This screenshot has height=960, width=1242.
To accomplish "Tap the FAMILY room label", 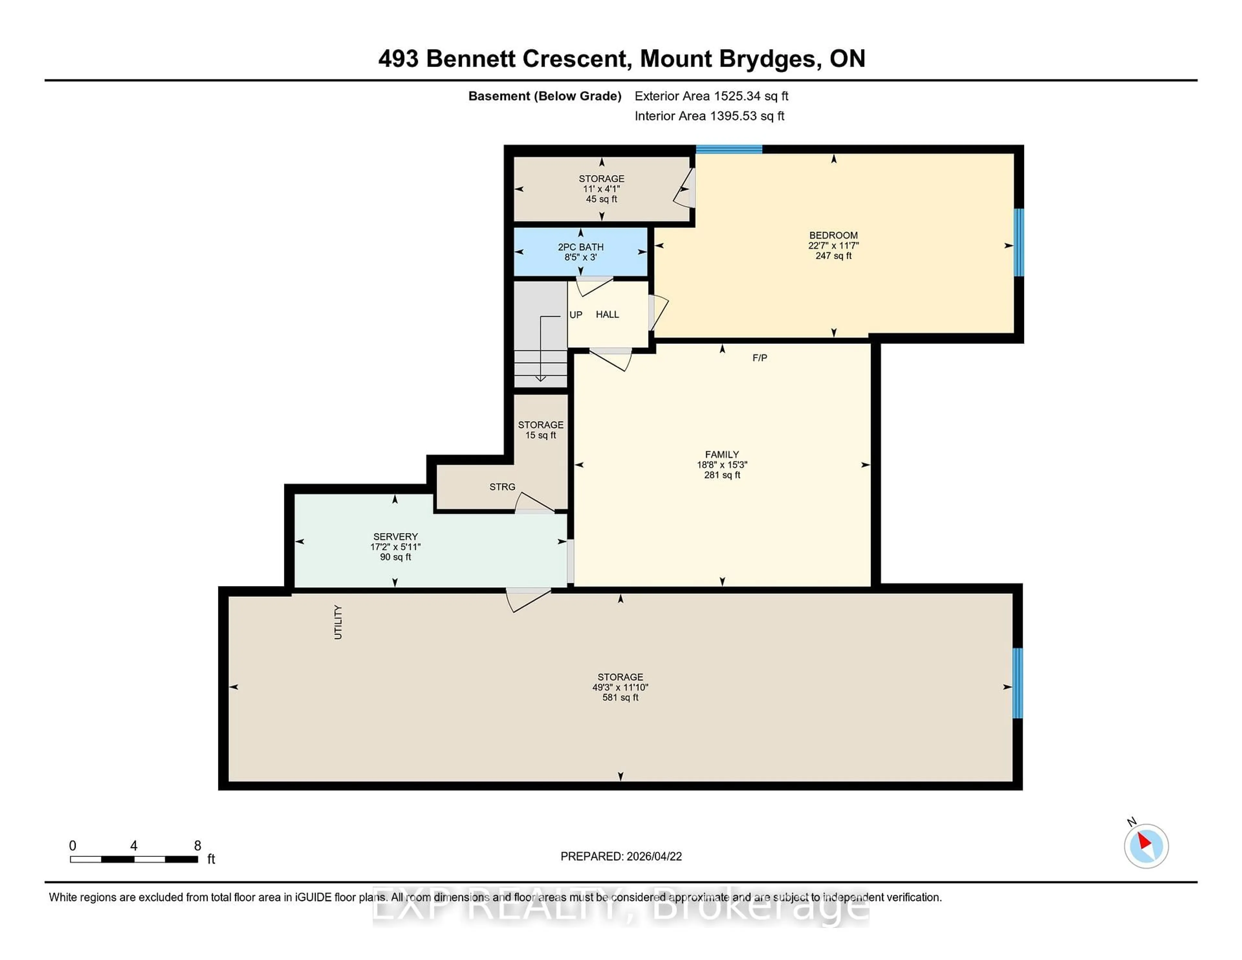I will click(722, 454).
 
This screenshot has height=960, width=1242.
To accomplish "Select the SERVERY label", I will click(395, 536).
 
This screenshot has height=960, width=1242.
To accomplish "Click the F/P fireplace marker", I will click(759, 358).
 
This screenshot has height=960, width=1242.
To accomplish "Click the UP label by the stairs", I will click(575, 314).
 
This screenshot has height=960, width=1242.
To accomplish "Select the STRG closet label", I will click(502, 487).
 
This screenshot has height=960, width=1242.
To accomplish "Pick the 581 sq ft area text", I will click(620, 697).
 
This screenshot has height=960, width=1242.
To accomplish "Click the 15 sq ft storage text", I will click(540, 435).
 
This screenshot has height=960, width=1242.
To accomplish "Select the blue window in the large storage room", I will click(1017, 683).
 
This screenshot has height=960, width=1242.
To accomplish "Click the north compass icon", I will click(1146, 846).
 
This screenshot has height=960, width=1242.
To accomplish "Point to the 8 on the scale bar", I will click(197, 846).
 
